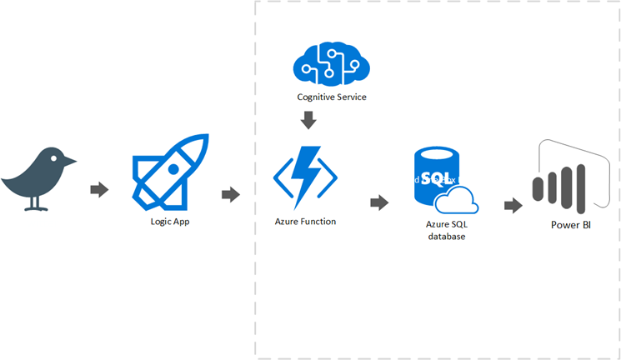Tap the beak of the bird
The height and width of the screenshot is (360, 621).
click(x=73, y=162)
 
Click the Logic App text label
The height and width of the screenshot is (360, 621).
click(x=170, y=222)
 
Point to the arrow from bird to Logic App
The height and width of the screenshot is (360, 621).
click(x=100, y=190)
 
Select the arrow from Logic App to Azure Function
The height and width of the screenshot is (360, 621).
click(x=231, y=194)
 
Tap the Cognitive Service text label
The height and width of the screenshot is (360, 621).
click(x=332, y=97)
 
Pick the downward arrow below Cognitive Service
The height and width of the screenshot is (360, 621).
click(x=308, y=121)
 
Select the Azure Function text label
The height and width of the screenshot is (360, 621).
click(x=305, y=222)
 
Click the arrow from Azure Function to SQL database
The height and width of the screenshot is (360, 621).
click(x=379, y=202)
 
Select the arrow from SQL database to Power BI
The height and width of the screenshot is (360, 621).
click(x=512, y=205)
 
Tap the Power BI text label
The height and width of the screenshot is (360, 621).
click(x=570, y=225)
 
